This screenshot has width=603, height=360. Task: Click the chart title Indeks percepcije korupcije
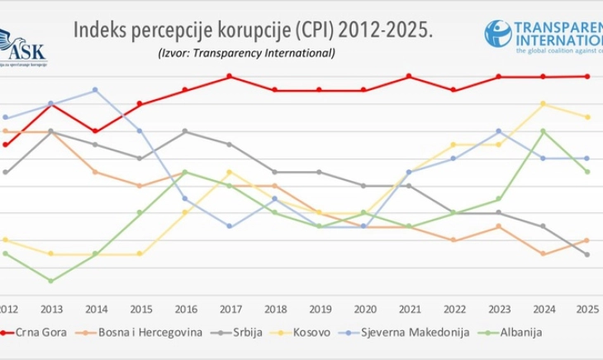coord(253,31)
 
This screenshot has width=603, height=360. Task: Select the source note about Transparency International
coord(246,54)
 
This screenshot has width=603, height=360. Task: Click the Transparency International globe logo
coord(497,34)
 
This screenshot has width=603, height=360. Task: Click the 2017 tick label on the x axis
coord(229,309)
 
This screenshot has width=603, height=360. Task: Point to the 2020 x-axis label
coord(363,309)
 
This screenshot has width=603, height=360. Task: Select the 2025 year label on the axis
coord(586,309)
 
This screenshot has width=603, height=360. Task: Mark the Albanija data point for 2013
coord(50,281)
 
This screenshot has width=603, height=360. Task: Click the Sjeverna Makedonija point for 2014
coord(95,89)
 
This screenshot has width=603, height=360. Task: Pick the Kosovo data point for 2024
coord(543,103)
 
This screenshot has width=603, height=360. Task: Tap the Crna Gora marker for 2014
coord(95,130)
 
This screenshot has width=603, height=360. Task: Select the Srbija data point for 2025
coord(587,254)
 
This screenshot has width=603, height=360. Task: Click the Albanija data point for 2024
coord(543,130)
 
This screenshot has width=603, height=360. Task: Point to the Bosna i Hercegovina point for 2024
coord(543,253)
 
